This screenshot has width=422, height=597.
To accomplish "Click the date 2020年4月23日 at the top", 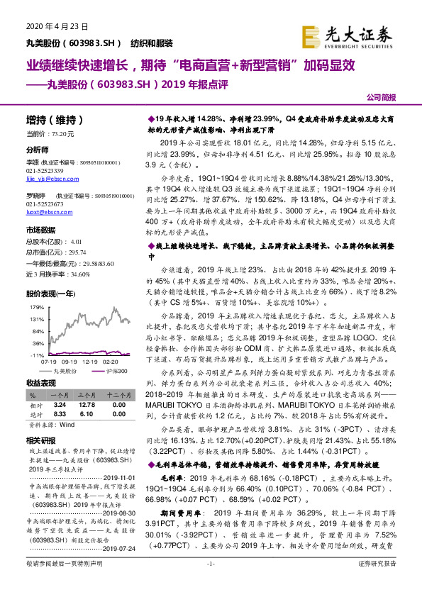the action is point(57,26).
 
